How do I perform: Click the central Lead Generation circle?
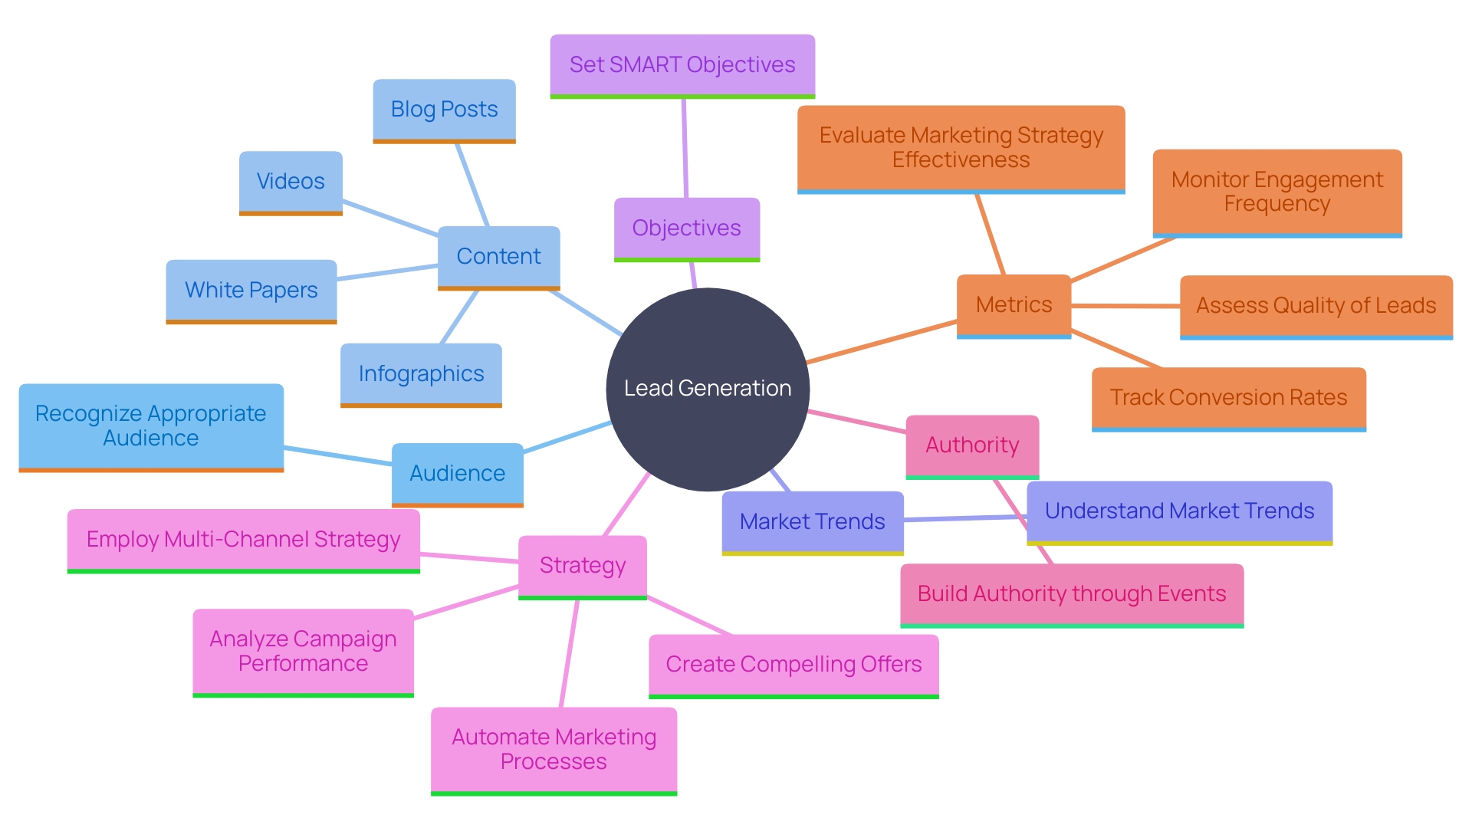[708, 389]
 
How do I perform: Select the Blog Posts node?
[444, 110]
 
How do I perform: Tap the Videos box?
[291, 182]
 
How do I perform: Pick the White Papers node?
[251, 291]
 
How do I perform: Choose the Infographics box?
[421, 374]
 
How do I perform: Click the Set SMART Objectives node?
[682, 65]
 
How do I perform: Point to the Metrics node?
[1014, 305]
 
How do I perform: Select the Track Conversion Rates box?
[1228, 398]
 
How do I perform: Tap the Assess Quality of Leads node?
[1316, 306]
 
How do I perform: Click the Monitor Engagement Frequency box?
[1277, 192]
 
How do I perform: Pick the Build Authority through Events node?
[1071, 594]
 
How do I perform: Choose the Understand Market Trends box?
[1179, 511]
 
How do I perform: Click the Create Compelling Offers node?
[793, 665]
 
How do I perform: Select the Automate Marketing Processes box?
[554, 750]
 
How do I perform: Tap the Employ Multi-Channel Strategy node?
[243, 540]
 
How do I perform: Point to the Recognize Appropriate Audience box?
[151, 426]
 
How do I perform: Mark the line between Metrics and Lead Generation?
[882, 342]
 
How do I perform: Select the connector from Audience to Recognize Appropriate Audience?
[337, 455]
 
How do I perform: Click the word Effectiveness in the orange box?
[961, 160]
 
